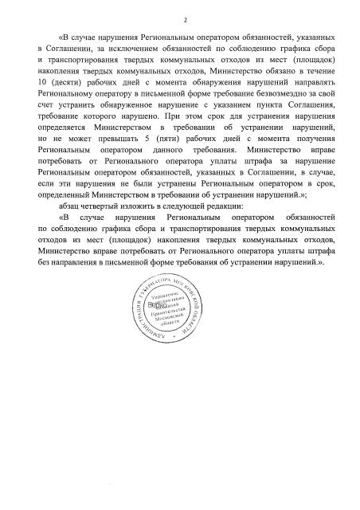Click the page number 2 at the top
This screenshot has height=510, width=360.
185,19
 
